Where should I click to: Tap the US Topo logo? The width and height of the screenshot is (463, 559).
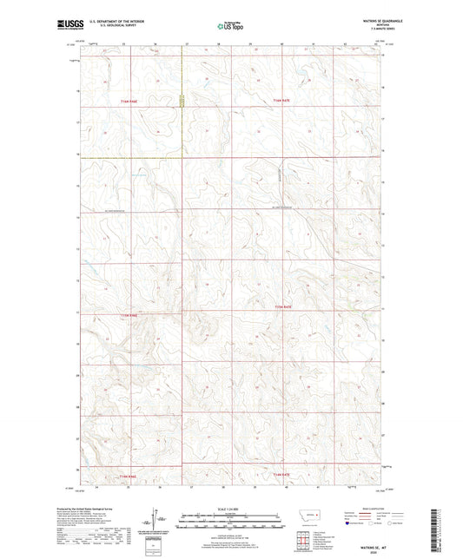230,27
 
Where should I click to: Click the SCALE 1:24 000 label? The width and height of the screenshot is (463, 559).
231,508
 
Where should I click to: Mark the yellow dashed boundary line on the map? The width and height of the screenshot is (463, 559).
130,158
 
